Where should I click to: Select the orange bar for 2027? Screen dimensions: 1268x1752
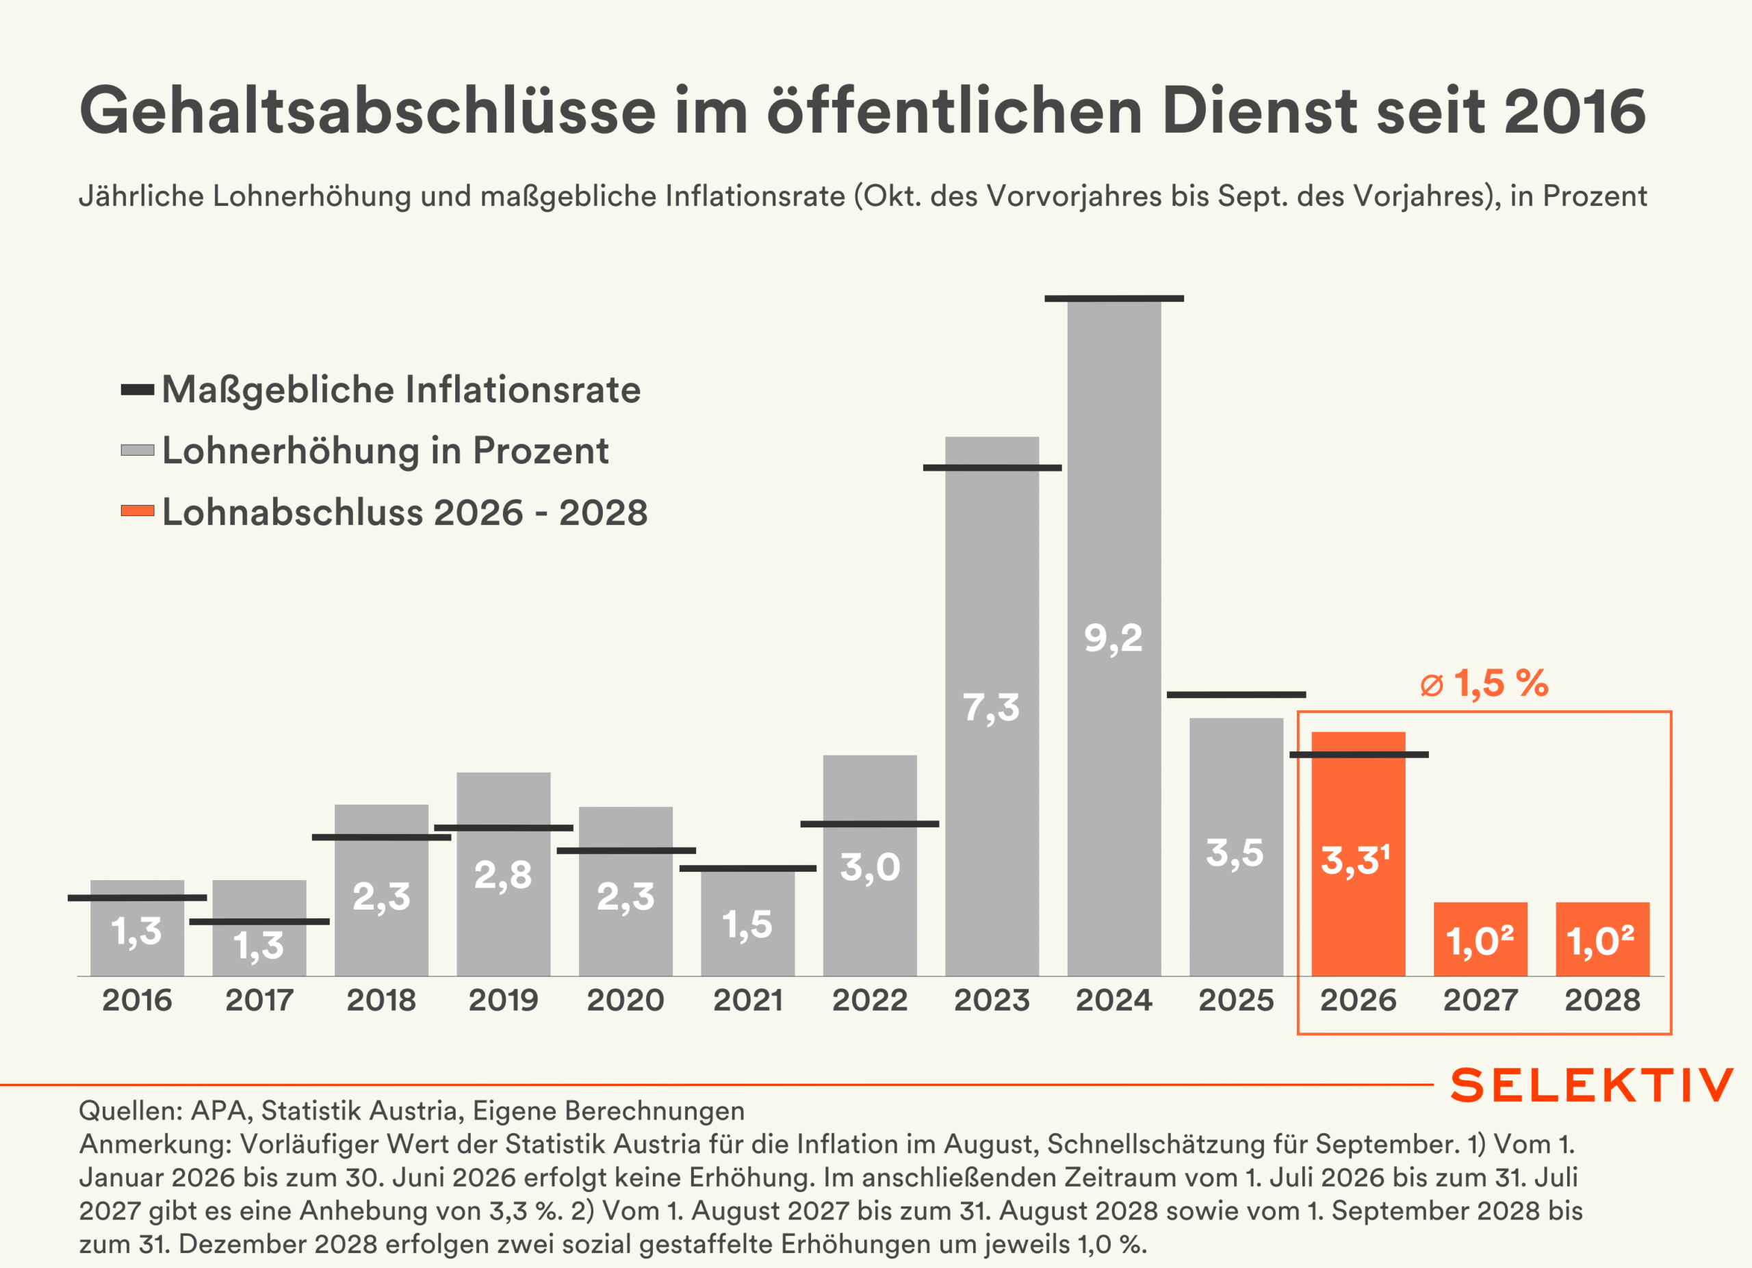(x=1480, y=919)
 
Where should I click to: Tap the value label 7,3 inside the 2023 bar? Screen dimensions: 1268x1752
(x=991, y=708)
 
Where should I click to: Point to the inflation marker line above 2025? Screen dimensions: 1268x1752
(x=1236, y=695)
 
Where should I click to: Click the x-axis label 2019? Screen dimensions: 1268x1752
(x=503, y=1000)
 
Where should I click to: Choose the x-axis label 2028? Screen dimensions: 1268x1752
(x=1602, y=1000)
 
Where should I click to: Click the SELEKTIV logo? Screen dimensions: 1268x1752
(x=1591, y=1085)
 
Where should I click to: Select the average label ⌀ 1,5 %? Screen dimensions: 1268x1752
(x=1484, y=684)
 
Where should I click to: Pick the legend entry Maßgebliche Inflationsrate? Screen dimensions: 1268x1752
(x=401, y=389)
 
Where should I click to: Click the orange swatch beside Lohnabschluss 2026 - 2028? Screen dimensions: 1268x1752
(x=138, y=511)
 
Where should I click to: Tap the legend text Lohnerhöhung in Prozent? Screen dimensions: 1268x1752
(x=385, y=450)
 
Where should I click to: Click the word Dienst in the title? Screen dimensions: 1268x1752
(x=1259, y=110)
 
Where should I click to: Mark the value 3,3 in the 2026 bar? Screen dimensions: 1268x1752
(x=1350, y=860)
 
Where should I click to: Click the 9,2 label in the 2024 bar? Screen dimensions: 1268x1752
(x=1113, y=638)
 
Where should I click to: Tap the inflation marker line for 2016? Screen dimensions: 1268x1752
(x=138, y=897)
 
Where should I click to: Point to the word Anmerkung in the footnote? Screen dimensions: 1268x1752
(x=155, y=1144)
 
